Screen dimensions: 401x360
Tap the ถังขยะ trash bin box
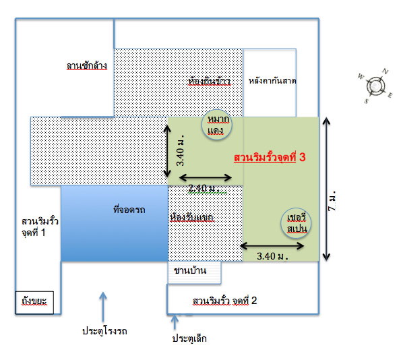[34, 303]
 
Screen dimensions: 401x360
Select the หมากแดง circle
[217, 125]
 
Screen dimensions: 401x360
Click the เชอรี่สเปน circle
[296, 223]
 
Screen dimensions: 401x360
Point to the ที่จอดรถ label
[129, 210]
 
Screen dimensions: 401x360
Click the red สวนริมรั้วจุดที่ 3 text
[270, 157]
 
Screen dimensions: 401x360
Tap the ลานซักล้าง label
[87, 65]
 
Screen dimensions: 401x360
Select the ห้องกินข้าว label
[209, 81]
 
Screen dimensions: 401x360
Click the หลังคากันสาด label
[272, 81]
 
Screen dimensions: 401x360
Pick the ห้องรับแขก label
[191, 217]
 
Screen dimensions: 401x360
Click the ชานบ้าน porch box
[194, 272]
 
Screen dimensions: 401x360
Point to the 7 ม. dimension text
[332, 201]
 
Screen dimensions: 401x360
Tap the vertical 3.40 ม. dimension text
[180, 150]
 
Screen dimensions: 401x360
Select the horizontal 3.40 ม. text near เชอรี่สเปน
[273, 256]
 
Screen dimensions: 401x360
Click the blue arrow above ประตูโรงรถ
[103, 307]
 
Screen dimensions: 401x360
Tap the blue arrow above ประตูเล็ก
[175, 322]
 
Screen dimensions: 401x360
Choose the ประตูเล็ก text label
[189, 338]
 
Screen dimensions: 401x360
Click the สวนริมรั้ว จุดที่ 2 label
[224, 301]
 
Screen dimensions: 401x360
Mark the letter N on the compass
[385, 71]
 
